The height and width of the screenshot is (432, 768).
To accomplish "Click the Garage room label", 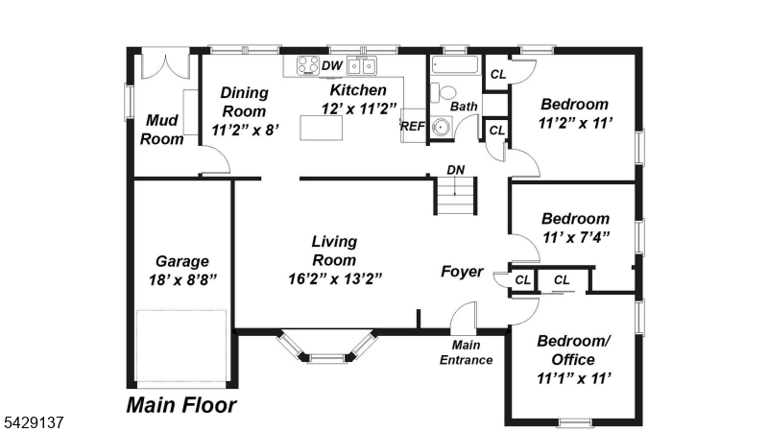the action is pos(182,261).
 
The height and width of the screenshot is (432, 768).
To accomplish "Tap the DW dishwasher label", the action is pos(331,66).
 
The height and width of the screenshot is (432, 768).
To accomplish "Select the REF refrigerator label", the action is pos(413,127).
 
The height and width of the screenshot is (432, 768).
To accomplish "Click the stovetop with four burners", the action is pos(308,65).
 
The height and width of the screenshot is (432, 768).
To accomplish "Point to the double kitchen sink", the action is pos(362,65).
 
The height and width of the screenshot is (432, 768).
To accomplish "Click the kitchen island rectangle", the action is pos(322,128).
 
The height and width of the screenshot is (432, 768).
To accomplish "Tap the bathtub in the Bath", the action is pos(454,65).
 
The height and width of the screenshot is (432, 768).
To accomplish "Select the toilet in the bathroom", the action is pos(444,92).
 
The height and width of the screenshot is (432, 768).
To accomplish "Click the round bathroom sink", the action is pos(441,127).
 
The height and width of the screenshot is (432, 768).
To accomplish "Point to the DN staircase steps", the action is pos(455,196).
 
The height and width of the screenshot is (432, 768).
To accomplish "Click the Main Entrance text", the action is pos(466,352).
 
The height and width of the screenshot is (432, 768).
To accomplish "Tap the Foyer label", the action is pos(462,272).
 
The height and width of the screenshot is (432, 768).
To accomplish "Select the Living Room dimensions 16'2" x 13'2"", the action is pos(335,278).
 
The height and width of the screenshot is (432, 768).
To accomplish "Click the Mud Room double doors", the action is pos(164,66).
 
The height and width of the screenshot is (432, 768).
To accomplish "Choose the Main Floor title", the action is pos(181,405).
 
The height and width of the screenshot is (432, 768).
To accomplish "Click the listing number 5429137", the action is pos(34,422).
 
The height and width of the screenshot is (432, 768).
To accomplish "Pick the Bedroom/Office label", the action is pos(573,350).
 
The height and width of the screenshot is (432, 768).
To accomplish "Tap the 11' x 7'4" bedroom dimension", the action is pos(576,237).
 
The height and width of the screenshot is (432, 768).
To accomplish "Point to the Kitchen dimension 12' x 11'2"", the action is pos(358,108).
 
